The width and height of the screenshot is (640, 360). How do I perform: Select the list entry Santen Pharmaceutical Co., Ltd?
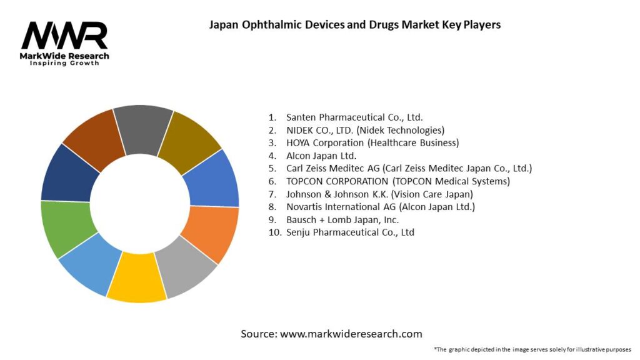pos(354,117)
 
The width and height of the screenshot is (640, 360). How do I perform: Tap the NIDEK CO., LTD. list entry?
pos(365,130)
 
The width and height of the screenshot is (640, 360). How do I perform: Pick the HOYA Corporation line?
pos(372,142)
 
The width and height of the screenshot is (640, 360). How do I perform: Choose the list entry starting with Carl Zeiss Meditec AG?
pos(409,168)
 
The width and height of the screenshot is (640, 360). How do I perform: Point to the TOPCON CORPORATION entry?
pos(398,181)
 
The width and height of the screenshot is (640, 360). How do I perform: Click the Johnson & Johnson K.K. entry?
pos(379,194)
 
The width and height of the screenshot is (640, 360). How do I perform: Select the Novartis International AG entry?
pos(380,206)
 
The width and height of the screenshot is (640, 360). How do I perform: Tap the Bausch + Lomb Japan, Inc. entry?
pos(342,219)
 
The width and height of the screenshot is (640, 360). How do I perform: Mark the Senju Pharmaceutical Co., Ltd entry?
pos(350,232)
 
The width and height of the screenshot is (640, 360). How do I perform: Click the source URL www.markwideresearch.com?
pos(351,334)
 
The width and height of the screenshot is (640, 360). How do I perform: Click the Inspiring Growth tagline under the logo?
pos(64,64)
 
